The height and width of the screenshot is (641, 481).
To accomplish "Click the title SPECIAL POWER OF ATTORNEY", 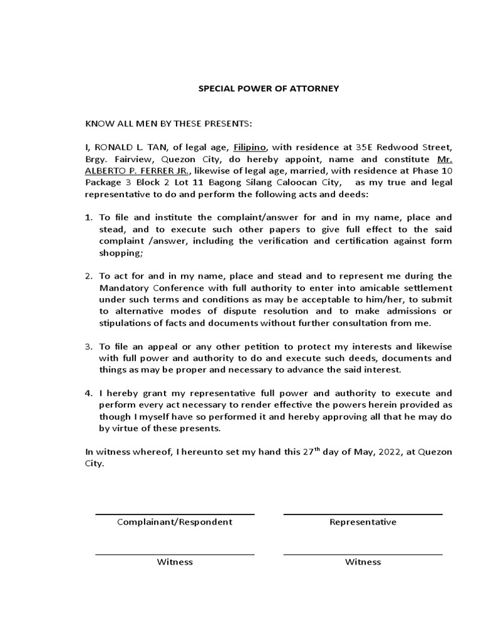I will point(268,88).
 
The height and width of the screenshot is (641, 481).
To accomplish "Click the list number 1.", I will point(88,217).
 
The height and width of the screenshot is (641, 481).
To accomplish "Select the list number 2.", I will point(88,275).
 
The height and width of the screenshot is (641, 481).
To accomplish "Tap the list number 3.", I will point(88,346).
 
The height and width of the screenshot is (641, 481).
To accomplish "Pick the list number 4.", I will point(88,393).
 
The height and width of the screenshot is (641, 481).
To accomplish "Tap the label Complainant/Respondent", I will point(175,522).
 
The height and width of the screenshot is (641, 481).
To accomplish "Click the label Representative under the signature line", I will point(363,522).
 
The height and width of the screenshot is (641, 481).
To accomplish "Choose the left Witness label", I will point(175,562).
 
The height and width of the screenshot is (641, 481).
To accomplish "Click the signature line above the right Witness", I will point(363,554).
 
